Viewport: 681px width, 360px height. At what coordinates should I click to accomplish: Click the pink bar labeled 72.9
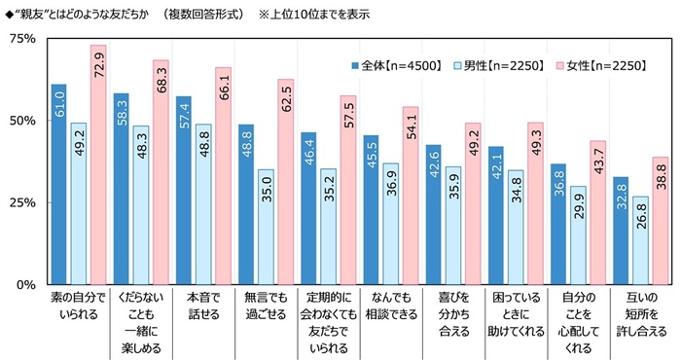pos(98,165)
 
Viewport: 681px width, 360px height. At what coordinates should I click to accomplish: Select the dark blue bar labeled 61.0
pos(59,185)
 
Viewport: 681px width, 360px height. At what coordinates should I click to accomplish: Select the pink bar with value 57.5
pos(347,190)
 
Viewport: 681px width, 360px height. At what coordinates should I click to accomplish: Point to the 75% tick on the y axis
pos(22,39)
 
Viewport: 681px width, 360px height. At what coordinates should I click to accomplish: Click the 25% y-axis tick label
pos(22,202)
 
